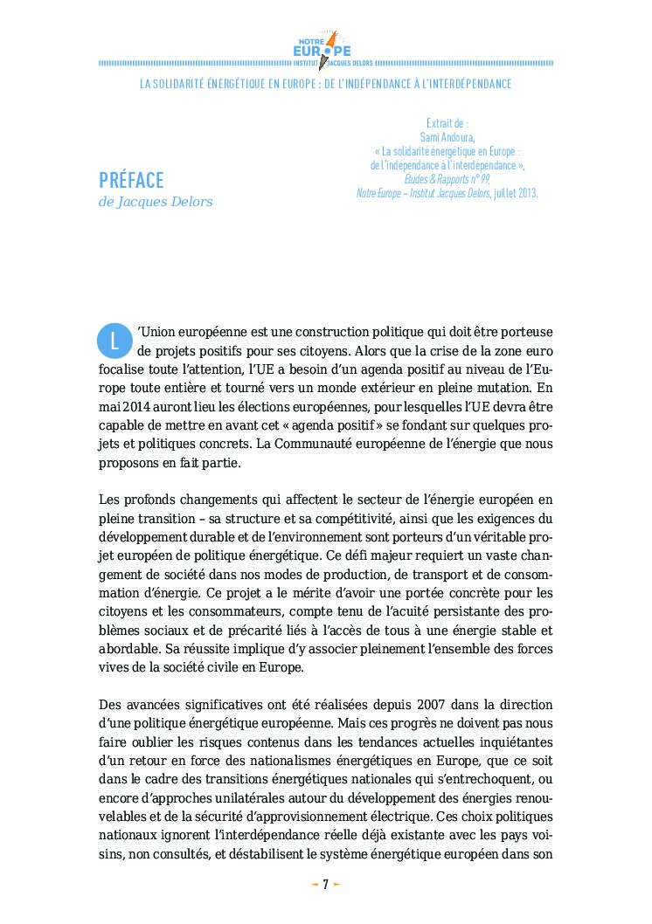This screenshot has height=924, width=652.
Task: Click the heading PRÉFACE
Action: pos(131,180)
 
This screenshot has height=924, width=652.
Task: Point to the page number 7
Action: pos(325,884)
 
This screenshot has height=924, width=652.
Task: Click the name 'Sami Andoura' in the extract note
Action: pos(447,137)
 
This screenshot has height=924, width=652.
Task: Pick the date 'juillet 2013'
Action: pos(513,193)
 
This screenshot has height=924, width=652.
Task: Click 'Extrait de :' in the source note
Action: pos(447,123)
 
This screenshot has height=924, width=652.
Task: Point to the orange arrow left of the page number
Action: pos(315,884)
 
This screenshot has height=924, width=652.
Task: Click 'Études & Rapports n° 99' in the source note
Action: pos(447,179)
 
